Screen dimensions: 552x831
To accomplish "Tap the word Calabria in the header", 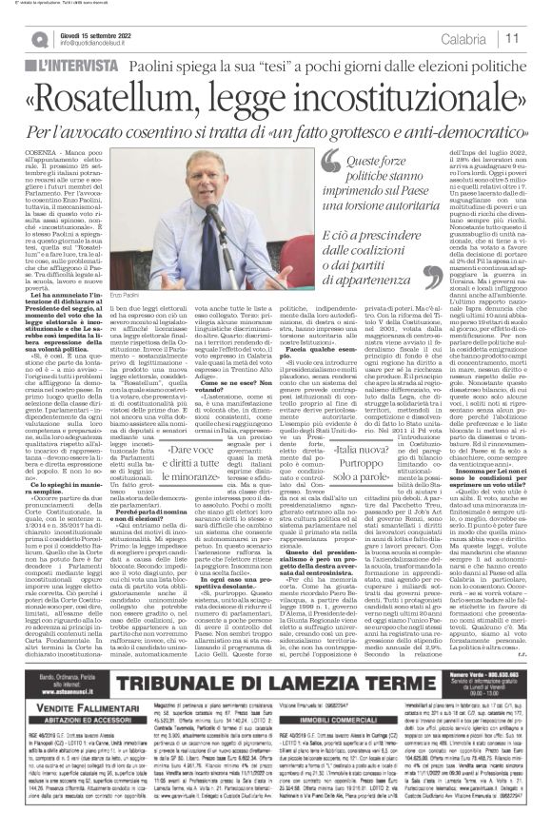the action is coord(488,37).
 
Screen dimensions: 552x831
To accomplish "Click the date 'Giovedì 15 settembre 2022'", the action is coord(84,31).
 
